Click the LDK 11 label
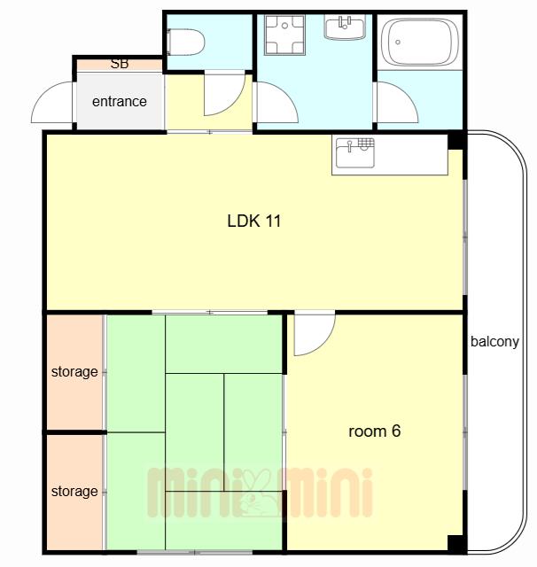[253, 221]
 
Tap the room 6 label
[374, 431]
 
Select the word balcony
[494, 342]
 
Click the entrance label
[120, 102]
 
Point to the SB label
[120, 64]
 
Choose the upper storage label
[74, 372]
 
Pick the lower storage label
[74, 492]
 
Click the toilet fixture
[186, 43]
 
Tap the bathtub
[420, 43]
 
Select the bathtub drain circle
[398, 43]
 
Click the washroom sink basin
[345, 27]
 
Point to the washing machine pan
[284, 35]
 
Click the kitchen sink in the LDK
[354, 152]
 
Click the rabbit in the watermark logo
[259, 493]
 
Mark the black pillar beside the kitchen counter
[457, 141]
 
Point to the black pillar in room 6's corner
[457, 544]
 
